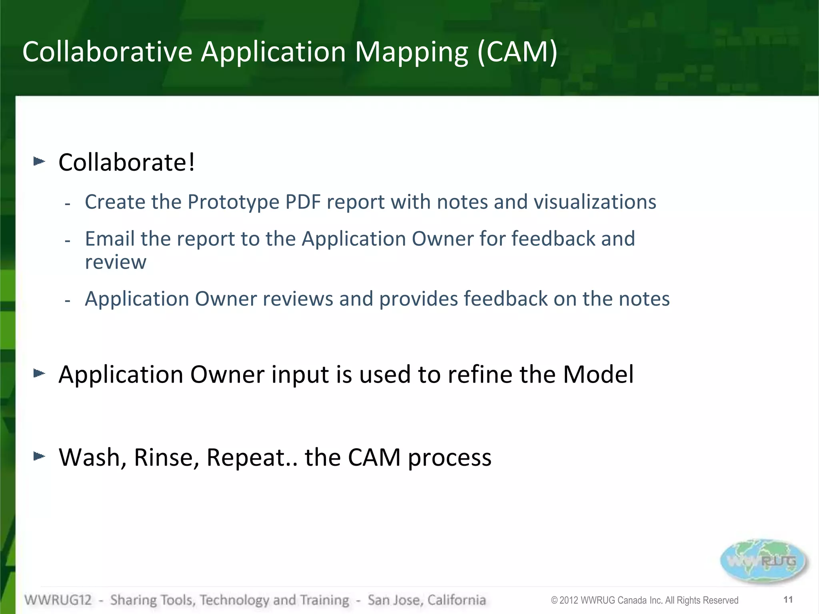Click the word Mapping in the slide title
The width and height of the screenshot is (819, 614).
pos(411,53)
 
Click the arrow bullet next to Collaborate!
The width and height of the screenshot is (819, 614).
pos(39,161)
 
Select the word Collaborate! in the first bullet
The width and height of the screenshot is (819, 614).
pos(127,163)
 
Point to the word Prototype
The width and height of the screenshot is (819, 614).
pos(233,202)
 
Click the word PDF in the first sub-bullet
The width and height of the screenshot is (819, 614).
pos(303,202)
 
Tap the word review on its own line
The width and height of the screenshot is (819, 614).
pos(116,262)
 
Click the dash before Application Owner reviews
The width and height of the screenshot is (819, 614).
pos(68,300)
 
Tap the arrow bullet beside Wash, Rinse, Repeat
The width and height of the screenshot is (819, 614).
pos(39,456)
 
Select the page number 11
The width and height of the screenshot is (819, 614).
pos(788,600)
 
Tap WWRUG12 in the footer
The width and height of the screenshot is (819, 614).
pos(58,600)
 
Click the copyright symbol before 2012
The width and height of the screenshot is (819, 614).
pos(554,600)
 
